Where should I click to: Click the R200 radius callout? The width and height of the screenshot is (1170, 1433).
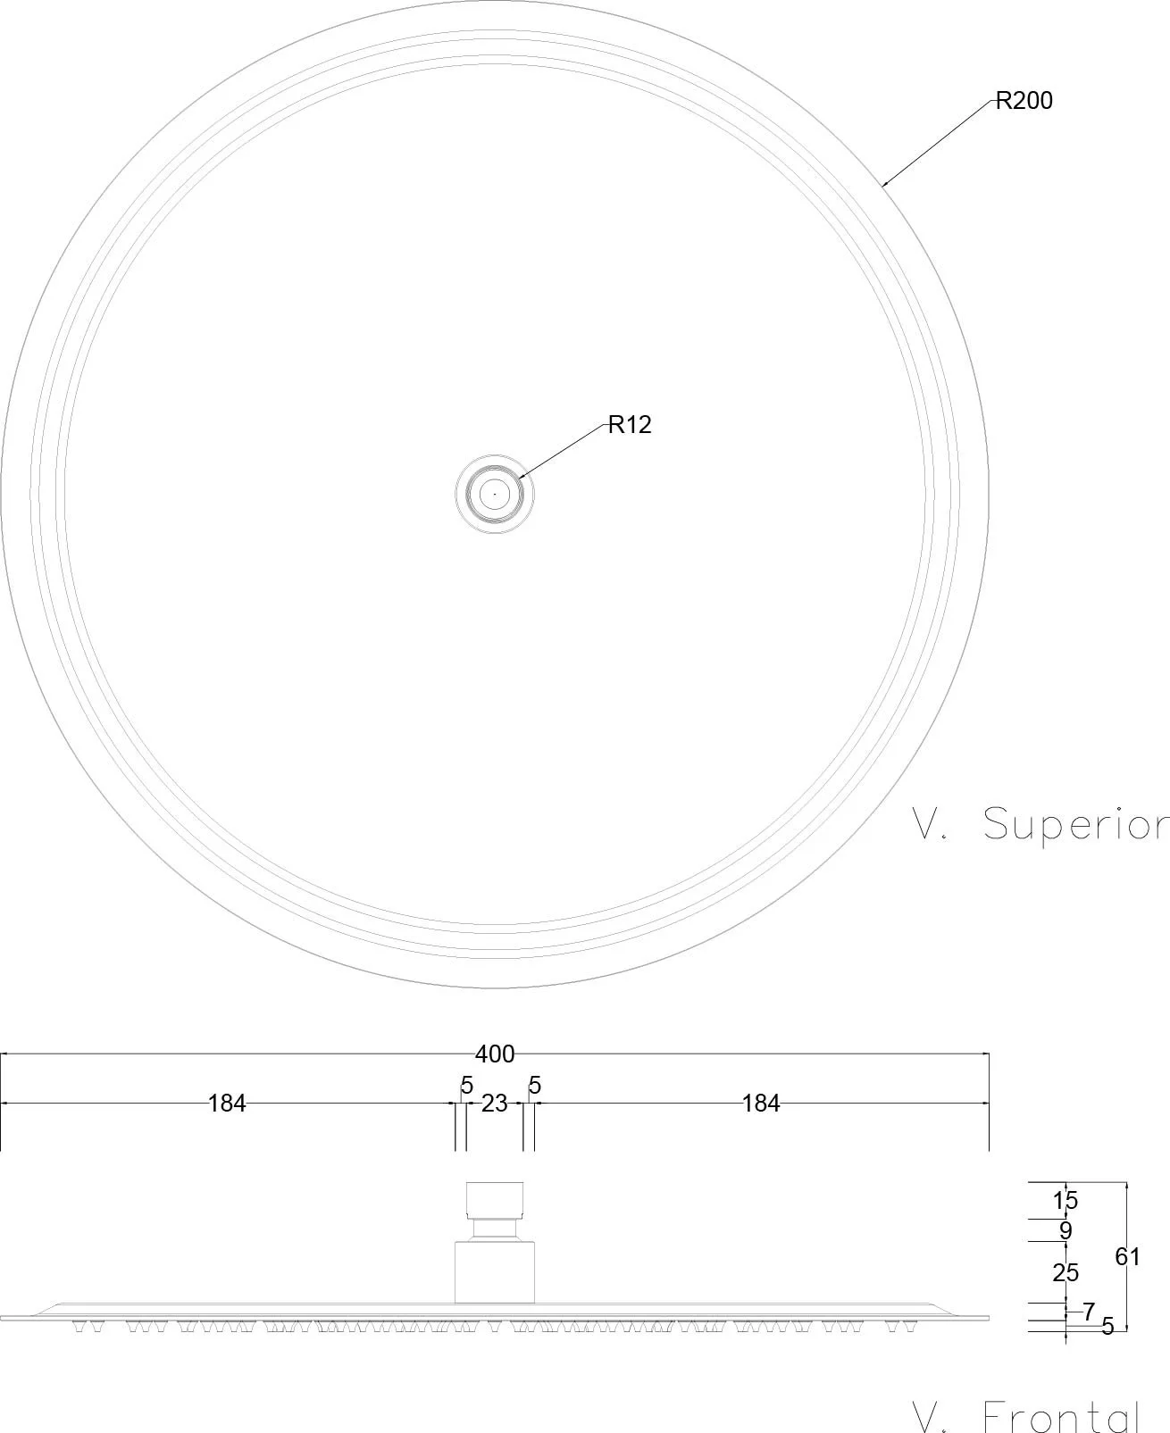tap(1024, 101)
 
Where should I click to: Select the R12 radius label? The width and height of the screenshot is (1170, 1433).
tap(630, 425)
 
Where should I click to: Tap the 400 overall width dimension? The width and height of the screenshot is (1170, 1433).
tap(495, 1054)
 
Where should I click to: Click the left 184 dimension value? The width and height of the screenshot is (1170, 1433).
tap(226, 1104)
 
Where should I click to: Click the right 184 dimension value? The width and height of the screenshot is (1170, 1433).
tap(761, 1104)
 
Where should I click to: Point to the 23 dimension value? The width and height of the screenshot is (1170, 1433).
tap(494, 1104)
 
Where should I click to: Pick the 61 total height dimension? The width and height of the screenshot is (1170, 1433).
tap(1127, 1256)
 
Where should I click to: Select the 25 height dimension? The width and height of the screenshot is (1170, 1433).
tap(1066, 1272)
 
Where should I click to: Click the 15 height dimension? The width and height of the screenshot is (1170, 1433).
tap(1066, 1201)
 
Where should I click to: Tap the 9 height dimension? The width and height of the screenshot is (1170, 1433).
tap(1066, 1230)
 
